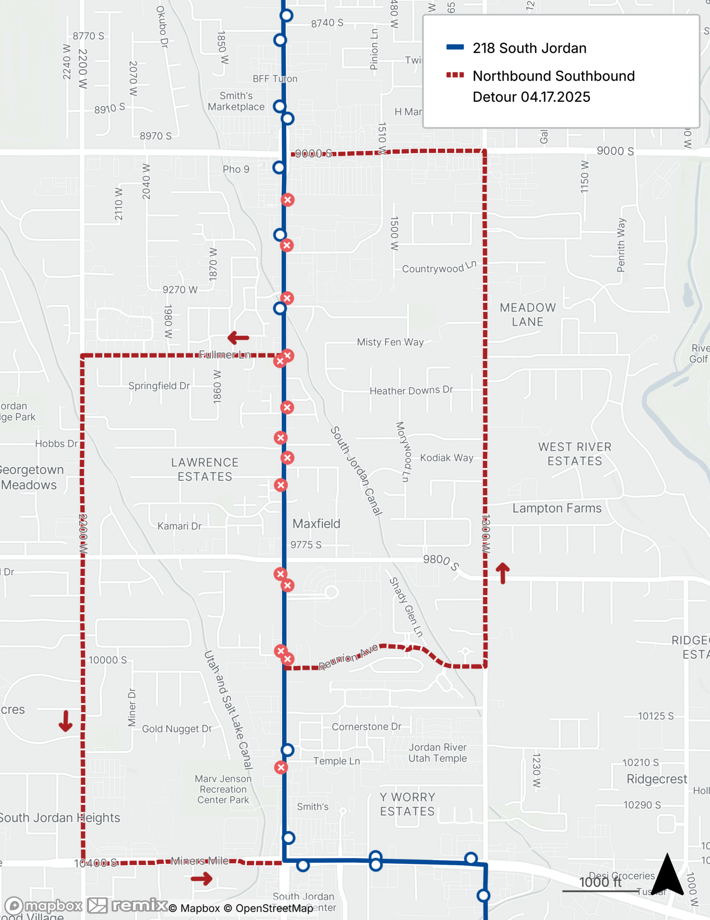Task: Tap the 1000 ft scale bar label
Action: pos(600,882)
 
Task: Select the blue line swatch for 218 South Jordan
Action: pos(454,47)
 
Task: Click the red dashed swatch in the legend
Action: pos(454,75)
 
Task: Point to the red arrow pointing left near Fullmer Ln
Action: pos(238,338)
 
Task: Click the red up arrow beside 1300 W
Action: pos(503,573)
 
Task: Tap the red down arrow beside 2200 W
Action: pos(66,721)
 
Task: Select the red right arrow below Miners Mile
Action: pos(202,879)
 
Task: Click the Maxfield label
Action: pos(316,523)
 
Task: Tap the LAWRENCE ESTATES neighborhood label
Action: pos(205,469)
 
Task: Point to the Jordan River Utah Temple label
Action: pos(437,753)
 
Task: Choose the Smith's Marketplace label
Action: pos(236,101)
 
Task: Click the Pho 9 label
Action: pos(236,169)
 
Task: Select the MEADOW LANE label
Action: pos(528,315)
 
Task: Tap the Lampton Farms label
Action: pos(557,508)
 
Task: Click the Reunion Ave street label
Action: pos(348,657)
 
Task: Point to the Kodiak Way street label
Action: pos(446,458)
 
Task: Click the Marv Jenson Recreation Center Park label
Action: pos(223,789)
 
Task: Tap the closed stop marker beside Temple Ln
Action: pos(281,767)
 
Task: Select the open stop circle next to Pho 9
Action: pos(279,167)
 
